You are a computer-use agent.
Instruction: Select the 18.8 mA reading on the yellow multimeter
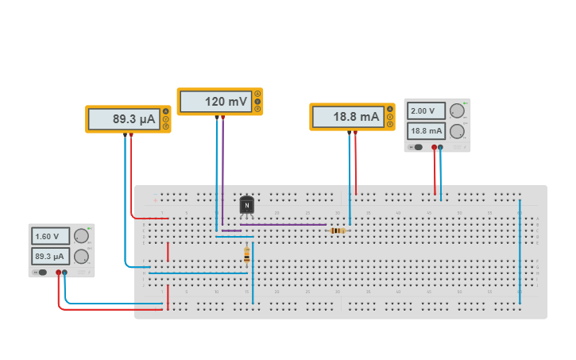point(348,117)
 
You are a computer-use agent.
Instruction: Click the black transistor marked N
point(247,205)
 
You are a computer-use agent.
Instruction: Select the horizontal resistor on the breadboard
point(338,230)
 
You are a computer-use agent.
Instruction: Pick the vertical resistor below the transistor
point(246,255)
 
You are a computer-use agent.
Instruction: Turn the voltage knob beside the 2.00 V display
point(457,111)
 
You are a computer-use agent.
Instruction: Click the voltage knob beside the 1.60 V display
point(81,236)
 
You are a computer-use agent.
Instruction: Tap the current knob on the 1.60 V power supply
point(81,256)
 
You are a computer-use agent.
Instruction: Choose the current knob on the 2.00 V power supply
point(457,131)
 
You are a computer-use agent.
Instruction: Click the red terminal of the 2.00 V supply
point(434,147)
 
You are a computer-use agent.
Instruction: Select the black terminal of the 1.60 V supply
point(65,273)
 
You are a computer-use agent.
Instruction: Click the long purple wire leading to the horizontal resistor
point(282,224)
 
